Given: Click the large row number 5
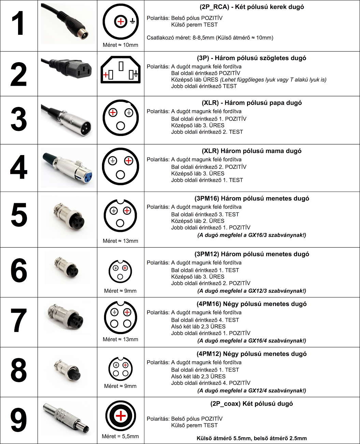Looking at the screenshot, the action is click(x=19, y=215).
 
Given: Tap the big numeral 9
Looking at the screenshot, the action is click(x=19, y=420).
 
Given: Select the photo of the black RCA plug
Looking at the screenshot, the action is click(x=68, y=24).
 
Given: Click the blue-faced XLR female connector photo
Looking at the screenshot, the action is click(x=68, y=168).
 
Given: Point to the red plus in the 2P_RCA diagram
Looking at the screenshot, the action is click(x=120, y=22).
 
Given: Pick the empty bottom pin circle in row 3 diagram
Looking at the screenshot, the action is click(x=120, y=126).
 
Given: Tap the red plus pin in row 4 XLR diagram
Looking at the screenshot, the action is click(x=128, y=161).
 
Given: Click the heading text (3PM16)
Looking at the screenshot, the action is click(x=207, y=198).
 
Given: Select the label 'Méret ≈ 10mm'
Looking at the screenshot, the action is click(x=120, y=45).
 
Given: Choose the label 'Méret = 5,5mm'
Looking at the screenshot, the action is click(x=120, y=436).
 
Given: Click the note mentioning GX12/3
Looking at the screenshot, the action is click(x=252, y=291).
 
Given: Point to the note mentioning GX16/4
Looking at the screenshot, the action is click(x=252, y=341).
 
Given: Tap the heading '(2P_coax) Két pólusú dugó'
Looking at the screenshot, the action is click(x=251, y=404).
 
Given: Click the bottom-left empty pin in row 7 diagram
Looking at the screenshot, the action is click(x=114, y=324).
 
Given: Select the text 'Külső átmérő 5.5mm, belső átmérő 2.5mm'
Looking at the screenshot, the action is click(x=251, y=439).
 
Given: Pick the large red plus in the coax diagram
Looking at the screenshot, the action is click(x=120, y=416).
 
